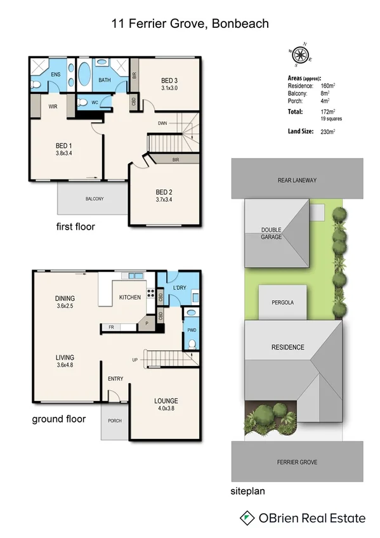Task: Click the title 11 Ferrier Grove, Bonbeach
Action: [x=190, y=23]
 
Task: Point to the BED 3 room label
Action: [x=169, y=81]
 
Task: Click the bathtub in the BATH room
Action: [x=84, y=74]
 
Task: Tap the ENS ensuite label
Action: [x=56, y=74]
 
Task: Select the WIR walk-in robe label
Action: [x=53, y=107]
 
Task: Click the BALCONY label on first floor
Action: [x=95, y=199]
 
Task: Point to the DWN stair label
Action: [x=163, y=123]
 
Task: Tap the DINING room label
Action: [x=65, y=298]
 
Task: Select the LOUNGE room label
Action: [x=166, y=401]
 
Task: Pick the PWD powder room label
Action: [x=192, y=330]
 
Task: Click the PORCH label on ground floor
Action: [x=115, y=421]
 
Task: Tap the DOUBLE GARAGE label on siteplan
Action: [x=271, y=233]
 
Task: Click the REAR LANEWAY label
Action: [x=297, y=180]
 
